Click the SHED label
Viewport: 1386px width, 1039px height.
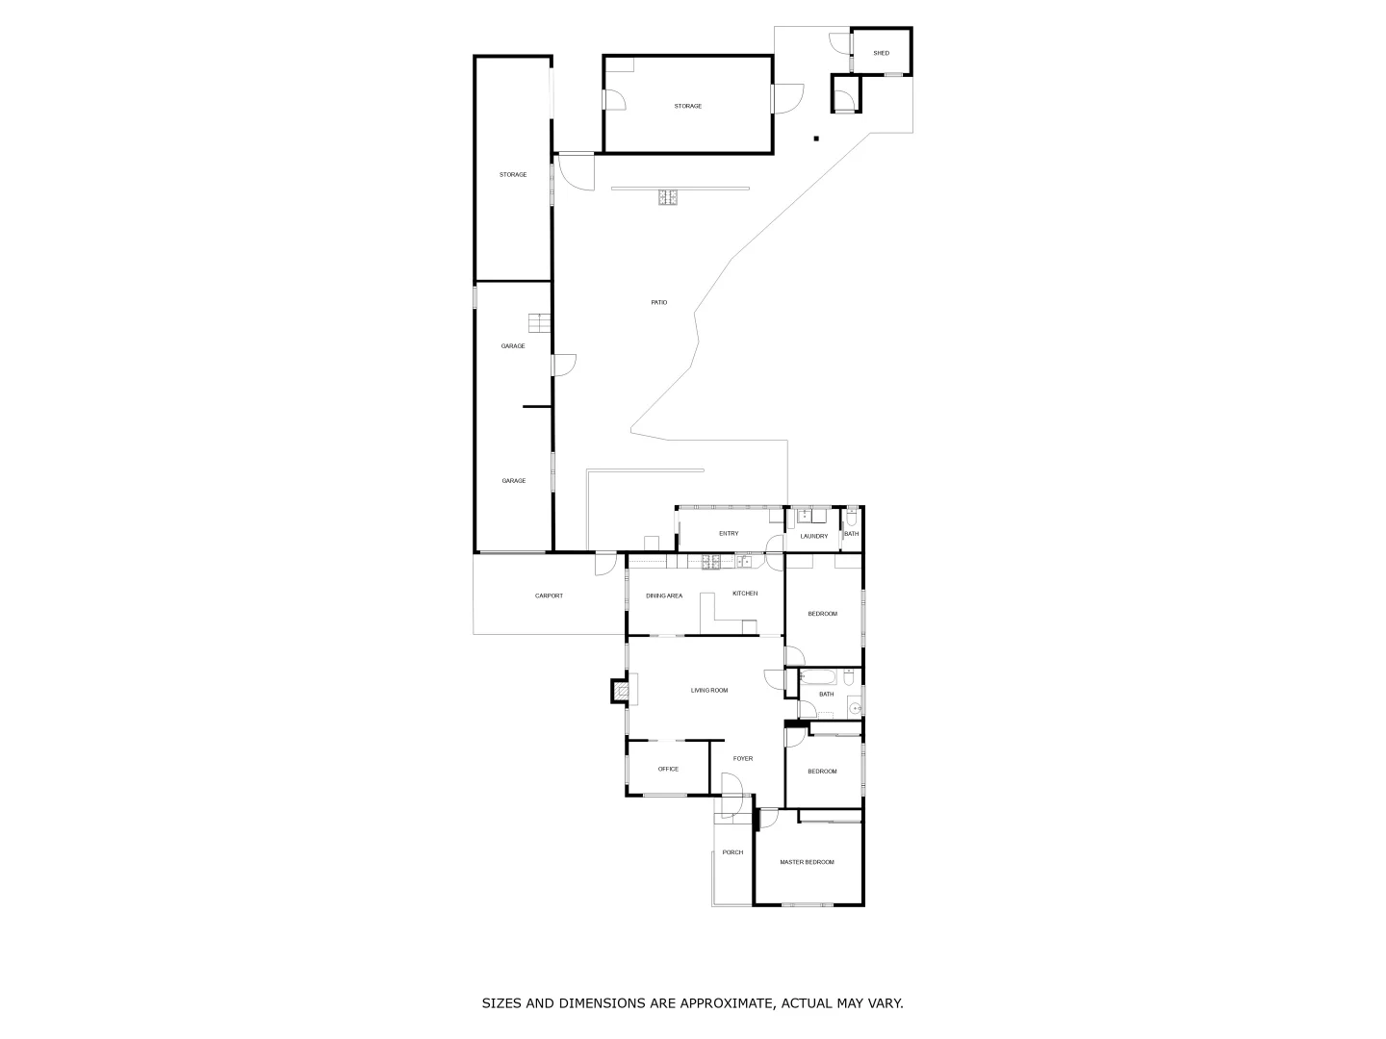(x=881, y=53)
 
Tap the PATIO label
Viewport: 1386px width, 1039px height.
(x=658, y=303)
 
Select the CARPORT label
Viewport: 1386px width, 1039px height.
(x=549, y=596)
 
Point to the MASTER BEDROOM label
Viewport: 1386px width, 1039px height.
(x=807, y=862)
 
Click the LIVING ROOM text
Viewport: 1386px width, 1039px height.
(x=709, y=690)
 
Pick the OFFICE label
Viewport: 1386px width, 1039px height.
(x=668, y=769)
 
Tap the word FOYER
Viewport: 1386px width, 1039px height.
(x=743, y=759)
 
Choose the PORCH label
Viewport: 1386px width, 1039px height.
(x=732, y=852)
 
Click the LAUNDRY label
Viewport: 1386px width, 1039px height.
(x=813, y=536)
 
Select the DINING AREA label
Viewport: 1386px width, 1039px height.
(x=664, y=596)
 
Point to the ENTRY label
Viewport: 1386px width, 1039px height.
(x=729, y=534)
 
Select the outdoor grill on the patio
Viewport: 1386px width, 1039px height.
(x=668, y=198)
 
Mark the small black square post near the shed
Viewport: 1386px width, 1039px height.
(x=816, y=139)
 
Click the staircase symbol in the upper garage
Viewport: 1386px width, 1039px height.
(x=538, y=323)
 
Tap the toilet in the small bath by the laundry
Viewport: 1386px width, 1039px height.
(x=851, y=519)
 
